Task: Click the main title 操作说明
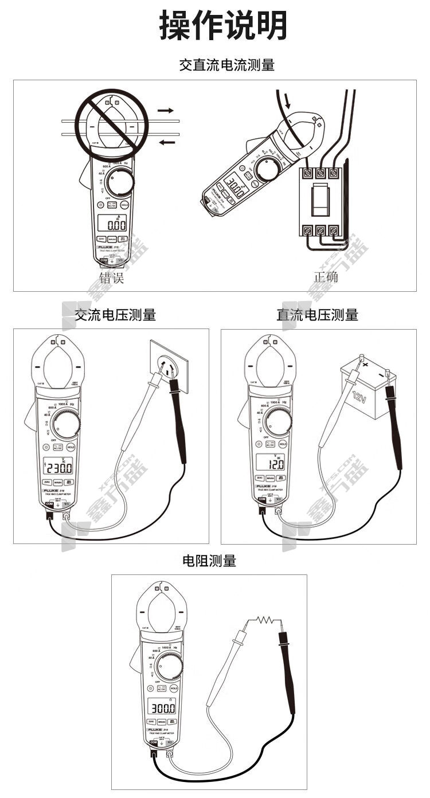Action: click(222, 26)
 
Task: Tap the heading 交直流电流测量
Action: click(226, 65)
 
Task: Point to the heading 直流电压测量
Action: click(317, 314)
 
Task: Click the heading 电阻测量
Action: click(209, 561)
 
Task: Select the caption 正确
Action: click(326, 278)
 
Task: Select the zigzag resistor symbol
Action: click(265, 619)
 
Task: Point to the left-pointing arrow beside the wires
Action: click(167, 142)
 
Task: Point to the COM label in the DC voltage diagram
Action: click(262, 499)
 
